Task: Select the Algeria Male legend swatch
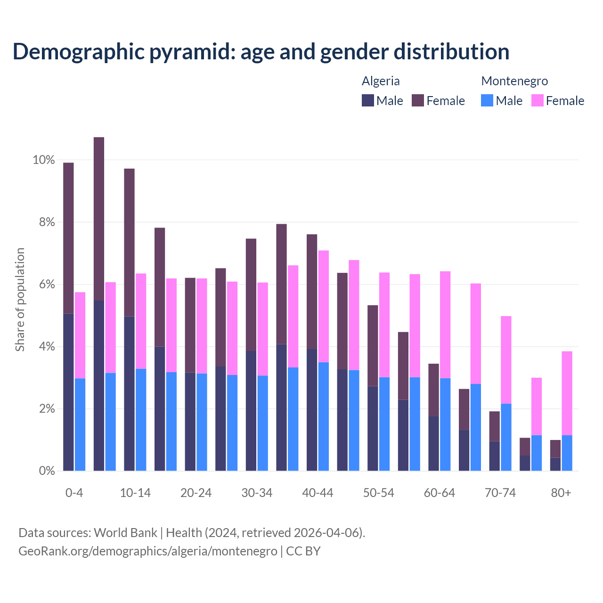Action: tap(368, 100)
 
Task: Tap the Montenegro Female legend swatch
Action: tap(538, 100)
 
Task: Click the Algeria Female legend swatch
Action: tap(418, 100)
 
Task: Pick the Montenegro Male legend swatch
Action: tap(487, 100)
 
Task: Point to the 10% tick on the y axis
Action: tap(44, 160)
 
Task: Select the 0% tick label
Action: tap(47, 471)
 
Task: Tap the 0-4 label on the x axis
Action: tap(74, 493)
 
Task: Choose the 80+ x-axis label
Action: tap(561, 493)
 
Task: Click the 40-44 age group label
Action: tap(318, 493)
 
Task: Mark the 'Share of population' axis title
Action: tap(20, 300)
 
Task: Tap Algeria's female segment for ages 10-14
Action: tap(129, 242)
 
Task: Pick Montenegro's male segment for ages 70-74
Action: tap(506, 437)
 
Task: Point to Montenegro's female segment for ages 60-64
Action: tap(445, 325)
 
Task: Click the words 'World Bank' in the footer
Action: tap(125, 533)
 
